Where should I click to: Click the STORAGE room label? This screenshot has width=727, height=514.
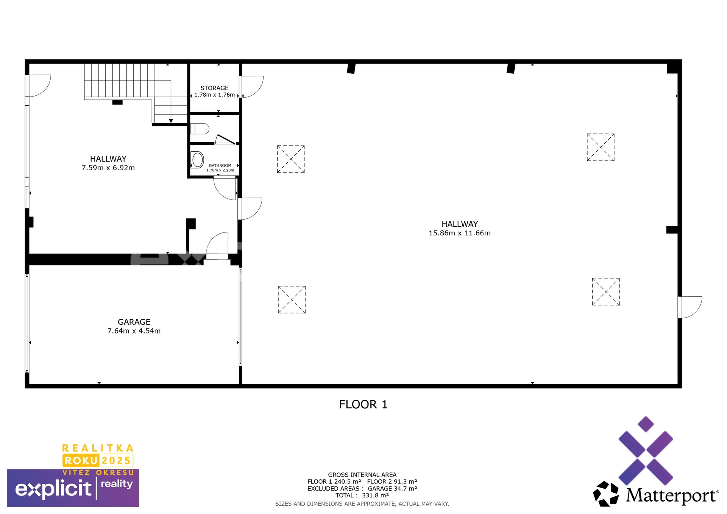(x=214, y=88)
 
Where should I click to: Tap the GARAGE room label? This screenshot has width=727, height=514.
(x=134, y=322)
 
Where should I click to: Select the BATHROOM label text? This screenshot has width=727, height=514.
(x=220, y=165)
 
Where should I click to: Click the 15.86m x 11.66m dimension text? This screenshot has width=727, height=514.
(x=459, y=233)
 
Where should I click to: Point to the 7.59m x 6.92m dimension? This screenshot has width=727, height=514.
(x=108, y=168)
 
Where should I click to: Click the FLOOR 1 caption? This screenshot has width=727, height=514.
(x=363, y=404)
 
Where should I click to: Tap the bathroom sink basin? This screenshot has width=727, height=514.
(x=197, y=160)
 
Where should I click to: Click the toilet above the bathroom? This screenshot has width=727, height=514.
(x=200, y=129)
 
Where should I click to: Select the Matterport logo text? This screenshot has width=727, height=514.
(x=671, y=495)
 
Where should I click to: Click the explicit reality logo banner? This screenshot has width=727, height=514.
(x=73, y=488)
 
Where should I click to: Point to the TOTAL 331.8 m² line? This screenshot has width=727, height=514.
(x=362, y=495)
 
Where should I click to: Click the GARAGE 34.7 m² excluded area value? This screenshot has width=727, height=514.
(x=392, y=489)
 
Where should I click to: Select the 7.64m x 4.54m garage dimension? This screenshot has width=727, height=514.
(x=134, y=331)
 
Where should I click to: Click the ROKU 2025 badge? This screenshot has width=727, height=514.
(x=98, y=461)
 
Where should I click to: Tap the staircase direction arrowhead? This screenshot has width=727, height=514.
(x=171, y=121)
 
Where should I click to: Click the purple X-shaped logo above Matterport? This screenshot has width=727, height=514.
(x=646, y=450)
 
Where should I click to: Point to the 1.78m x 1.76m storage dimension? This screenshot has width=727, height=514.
(x=214, y=95)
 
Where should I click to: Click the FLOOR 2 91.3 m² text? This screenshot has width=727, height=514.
(x=392, y=481)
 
